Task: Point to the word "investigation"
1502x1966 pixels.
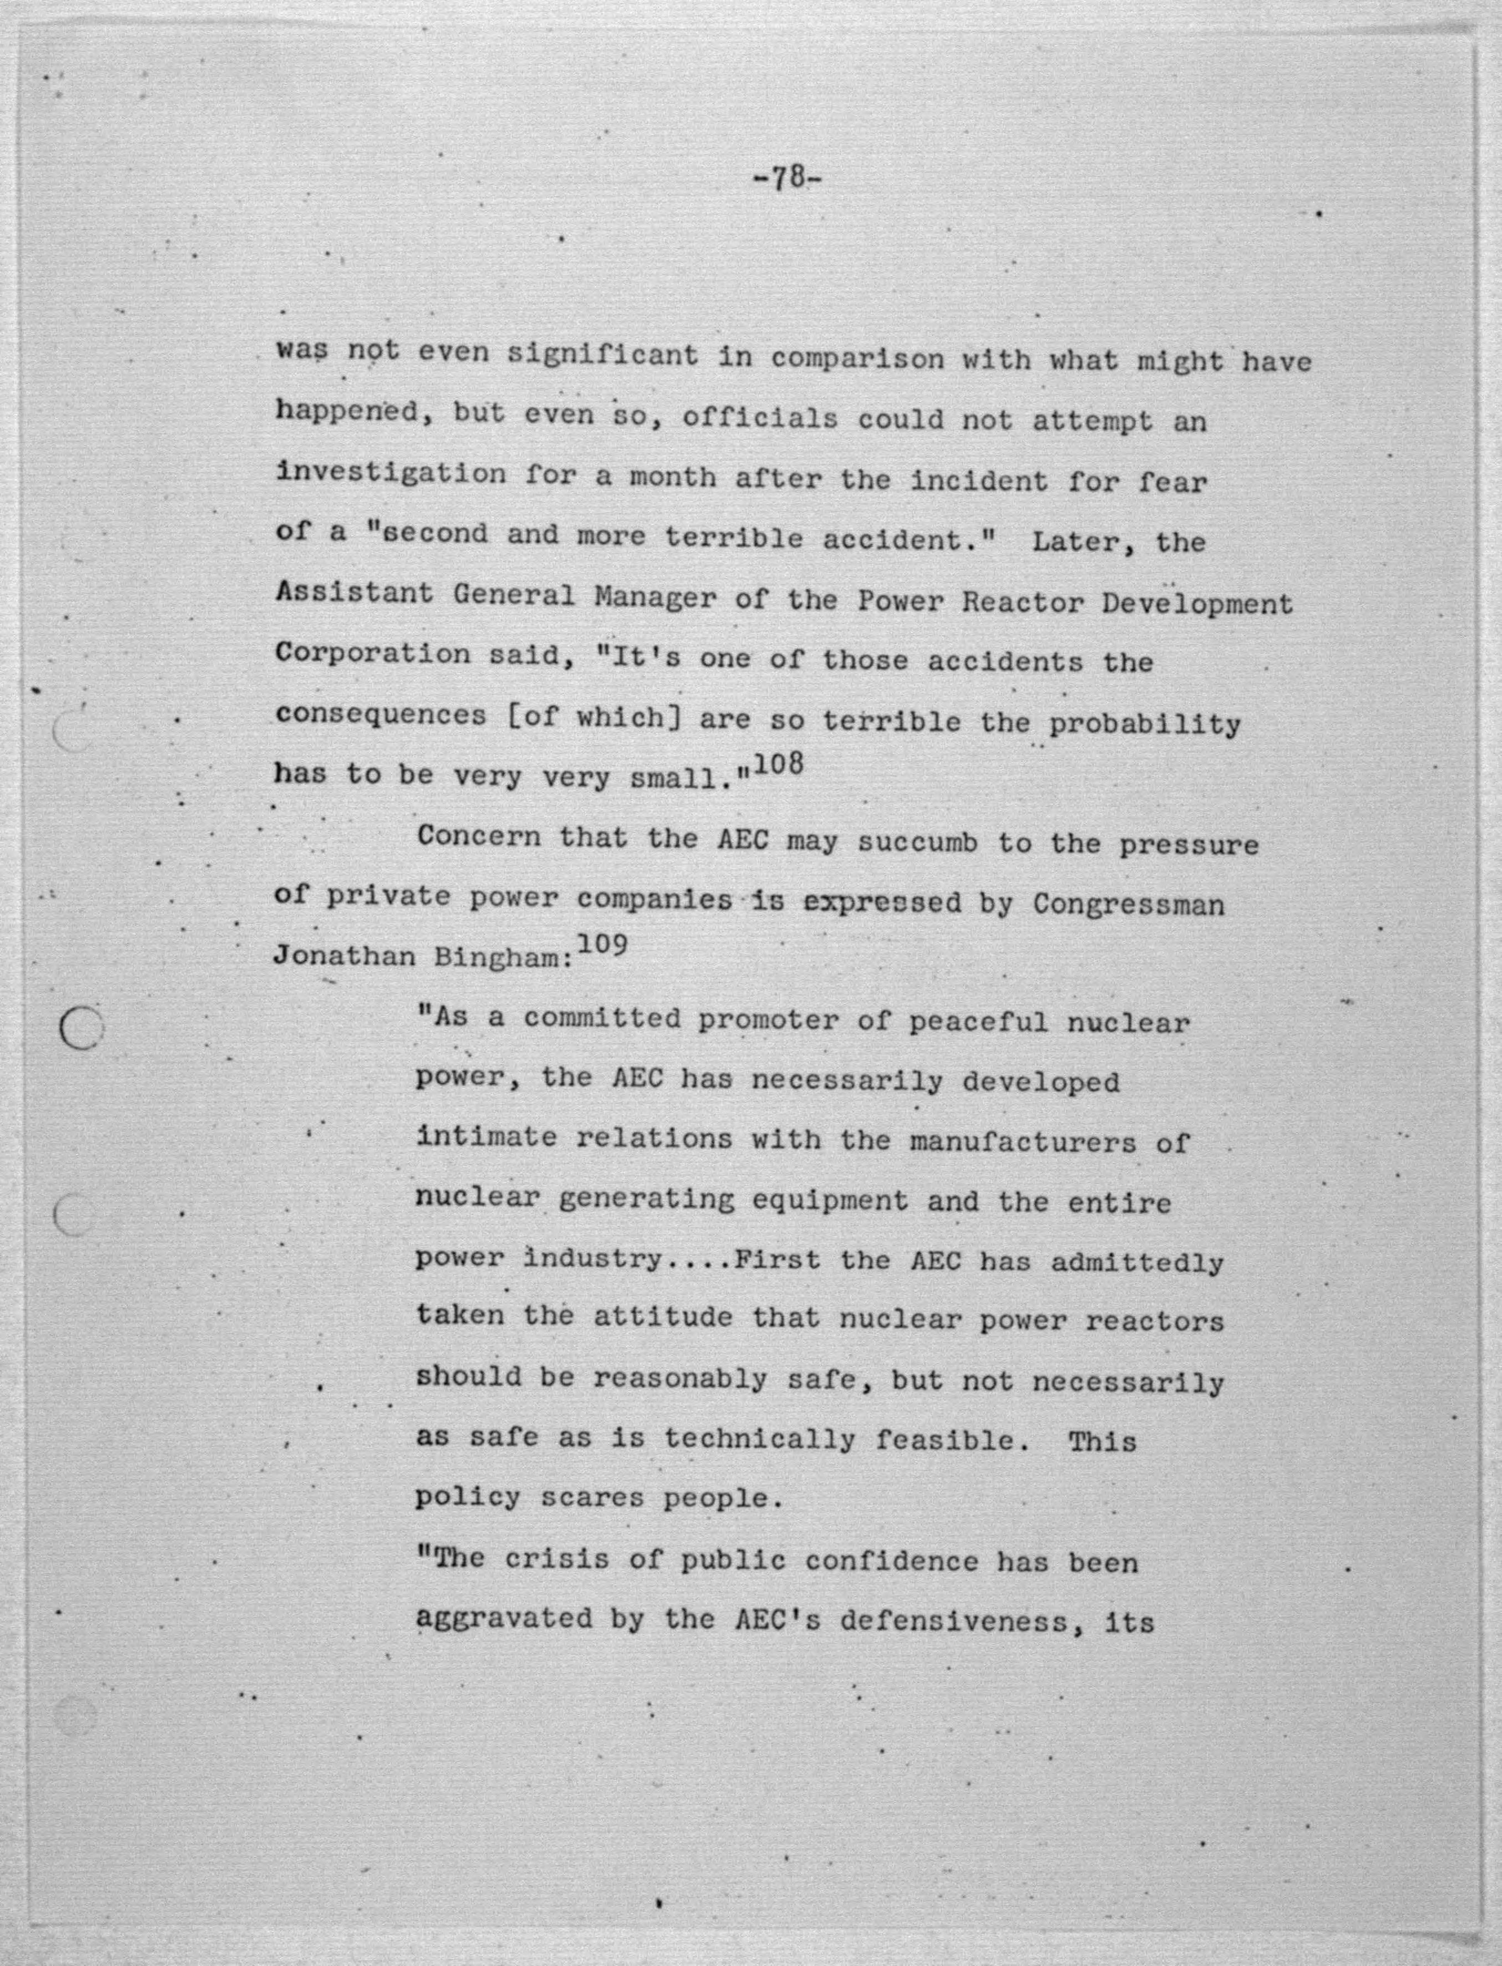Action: pyautogui.click(x=391, y=474)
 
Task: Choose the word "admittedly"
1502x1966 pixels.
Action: pyautogui.click(x=1136, y=1262)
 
